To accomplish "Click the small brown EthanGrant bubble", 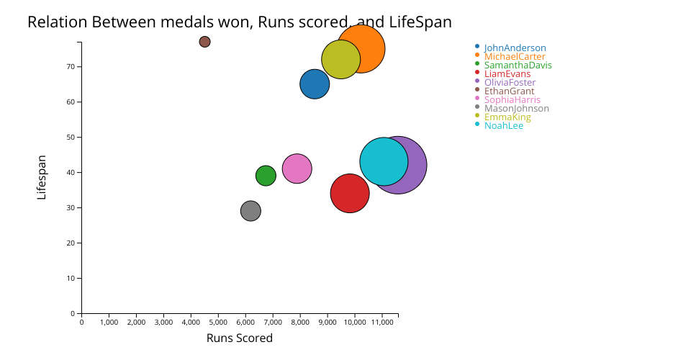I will pos(204,42).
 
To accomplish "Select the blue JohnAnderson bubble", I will pos(315,84).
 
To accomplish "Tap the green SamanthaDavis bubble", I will pos(266,175).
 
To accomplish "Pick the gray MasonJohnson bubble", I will pos(250,211).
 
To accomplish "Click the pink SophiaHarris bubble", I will pos(297,169).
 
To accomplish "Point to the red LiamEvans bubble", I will pos(350,193).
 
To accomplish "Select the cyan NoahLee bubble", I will pos(383,161).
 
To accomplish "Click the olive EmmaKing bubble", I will pos(340,60).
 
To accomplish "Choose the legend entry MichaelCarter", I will pos(514,57).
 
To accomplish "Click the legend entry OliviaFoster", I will pos(510,83).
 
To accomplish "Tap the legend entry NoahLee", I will pos(503,126).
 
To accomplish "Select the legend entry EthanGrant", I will pos(509,91).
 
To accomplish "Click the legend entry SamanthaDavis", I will pos(518,66).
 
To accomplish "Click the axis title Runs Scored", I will pos(240,338).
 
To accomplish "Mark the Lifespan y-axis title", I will pos(42,177).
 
